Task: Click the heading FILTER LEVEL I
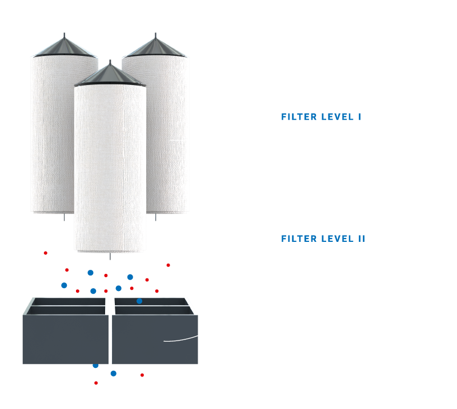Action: [x=321, y=117]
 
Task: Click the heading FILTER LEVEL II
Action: [x=323, y=238]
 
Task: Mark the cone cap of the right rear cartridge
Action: [x=155, y=46]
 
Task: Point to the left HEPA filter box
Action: [x=65, y=337]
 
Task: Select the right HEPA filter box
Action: [x=155, y=337]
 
